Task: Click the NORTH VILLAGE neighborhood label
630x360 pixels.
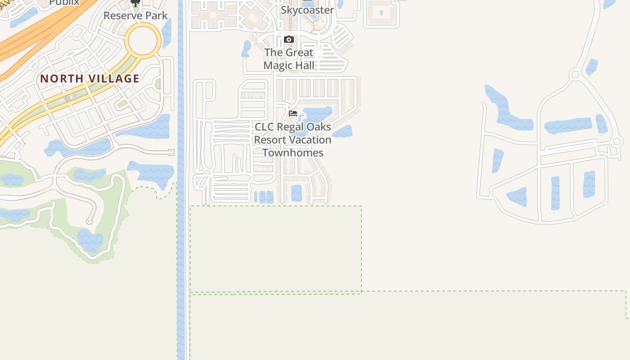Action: click(x=90, y=79)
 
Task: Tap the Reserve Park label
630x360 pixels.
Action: click(x=135, y=16)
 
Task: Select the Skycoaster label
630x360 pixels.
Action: click(x=307, y=10)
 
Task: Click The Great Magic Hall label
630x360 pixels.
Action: click(x=288, y=59)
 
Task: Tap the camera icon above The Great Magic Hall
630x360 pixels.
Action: click(x=289, y=40)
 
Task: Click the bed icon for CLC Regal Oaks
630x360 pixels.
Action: click(x=293, y=113)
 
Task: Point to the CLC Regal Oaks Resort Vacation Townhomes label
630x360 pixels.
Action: click(x=293, y=139)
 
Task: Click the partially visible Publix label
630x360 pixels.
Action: click(x=64, y=2)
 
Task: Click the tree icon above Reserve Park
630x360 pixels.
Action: click(x=135, y=3)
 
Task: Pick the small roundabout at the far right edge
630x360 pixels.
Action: click(x=617, y=141)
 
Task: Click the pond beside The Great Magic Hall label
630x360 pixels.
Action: click(x=246, y=49)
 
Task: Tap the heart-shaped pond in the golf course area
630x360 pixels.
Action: click(x=90, y=240)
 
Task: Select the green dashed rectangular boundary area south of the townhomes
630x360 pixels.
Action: click(x=275, y=248)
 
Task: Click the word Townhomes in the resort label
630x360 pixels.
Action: click(x=293, y=153)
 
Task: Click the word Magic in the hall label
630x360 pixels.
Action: click(x=277, y=66)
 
